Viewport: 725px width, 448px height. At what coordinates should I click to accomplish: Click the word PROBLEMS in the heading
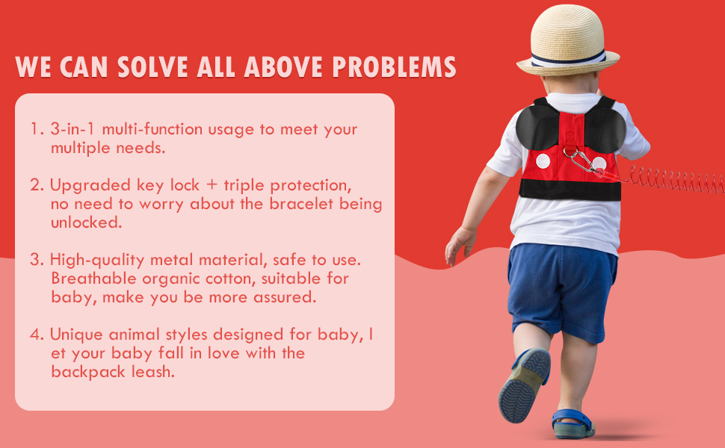click(x=394, y=67)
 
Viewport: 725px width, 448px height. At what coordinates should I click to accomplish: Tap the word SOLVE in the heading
click(x=152, y=67)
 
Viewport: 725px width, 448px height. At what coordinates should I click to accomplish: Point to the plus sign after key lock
click(x=212, y=185)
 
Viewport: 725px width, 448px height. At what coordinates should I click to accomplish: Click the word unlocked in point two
click(x=85, y=223)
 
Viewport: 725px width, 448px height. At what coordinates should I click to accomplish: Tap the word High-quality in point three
click(x=97, y=260)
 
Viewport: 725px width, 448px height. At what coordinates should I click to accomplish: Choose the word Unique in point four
click(x=76, y=335)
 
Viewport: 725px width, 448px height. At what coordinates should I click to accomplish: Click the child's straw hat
click(x=568, y=42)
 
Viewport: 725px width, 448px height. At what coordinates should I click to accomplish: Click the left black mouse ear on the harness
click(x=537, y=126)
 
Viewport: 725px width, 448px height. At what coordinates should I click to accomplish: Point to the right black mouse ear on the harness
click(x=605, y=130)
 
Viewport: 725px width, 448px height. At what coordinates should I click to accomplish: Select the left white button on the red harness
click(x=543, y=161)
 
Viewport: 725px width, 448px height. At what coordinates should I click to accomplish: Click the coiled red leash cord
click(x=675, y=180)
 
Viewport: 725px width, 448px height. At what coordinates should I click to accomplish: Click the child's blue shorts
click(x=561, y=291)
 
